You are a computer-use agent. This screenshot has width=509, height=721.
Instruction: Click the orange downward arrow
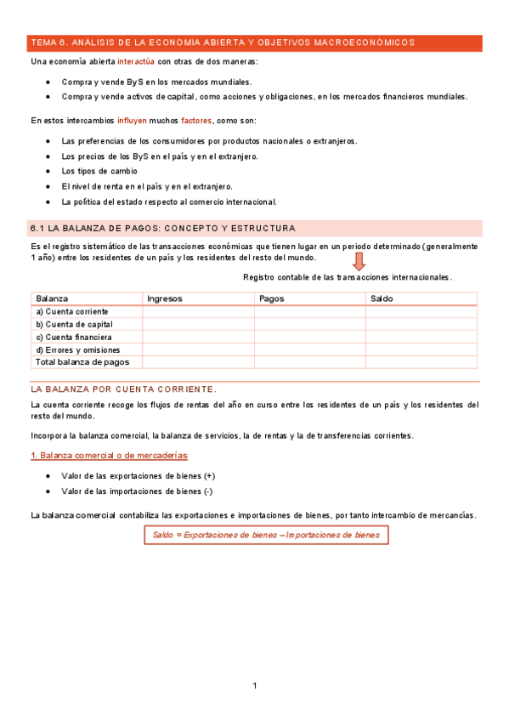(x=359, y=261)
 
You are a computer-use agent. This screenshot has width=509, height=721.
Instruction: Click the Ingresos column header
(x=165, y=298)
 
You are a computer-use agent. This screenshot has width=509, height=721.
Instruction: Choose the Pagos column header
(x=271, y=298)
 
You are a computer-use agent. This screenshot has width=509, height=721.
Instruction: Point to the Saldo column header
(x=382, y=298)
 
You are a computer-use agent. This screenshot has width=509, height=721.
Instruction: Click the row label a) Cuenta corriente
(x=72, y=311)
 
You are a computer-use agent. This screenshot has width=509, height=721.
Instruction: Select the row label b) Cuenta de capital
(x=74, y=324)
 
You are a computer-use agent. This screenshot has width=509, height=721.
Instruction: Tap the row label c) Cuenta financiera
(x=74, y=337)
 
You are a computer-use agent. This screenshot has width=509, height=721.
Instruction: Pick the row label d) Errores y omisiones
(x=78, y=349)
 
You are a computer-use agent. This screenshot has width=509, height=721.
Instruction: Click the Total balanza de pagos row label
(x=82, y=362)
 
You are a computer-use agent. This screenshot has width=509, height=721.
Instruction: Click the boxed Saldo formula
(x=266, y=535)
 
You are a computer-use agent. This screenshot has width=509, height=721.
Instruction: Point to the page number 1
(x=254, y=685)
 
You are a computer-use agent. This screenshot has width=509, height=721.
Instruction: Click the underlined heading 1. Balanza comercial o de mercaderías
(x=109, y=456)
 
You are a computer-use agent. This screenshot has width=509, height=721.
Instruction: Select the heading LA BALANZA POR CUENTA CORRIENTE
(x=124, y=388)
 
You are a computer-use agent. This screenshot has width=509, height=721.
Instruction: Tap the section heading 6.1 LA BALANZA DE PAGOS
(x=162, y=229)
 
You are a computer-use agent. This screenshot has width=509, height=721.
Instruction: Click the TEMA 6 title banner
(x=223, y=42)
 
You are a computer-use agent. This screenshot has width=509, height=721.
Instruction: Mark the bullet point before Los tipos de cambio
(x=48, y=171)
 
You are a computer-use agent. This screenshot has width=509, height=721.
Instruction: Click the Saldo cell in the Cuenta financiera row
(x=421, y=337)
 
